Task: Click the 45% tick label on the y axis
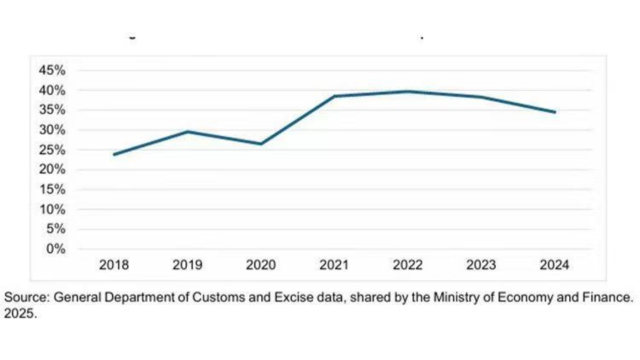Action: [x=52, y=70]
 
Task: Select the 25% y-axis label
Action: [x=52, y=150]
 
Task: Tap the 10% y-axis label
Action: [x=52, y=209]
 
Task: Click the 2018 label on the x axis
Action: [x=114, y=265]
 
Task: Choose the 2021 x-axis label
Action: [x=334, y=265]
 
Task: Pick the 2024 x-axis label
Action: [x=554, y=265]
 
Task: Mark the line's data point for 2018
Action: [x=114, y=154]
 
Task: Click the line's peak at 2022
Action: [x=407, y=91]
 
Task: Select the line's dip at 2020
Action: [x=261, y=144]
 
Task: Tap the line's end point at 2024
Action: [x=554, y=112]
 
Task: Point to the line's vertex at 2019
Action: [x=187, y=131]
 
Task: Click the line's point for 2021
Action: [x=334, y=96]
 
